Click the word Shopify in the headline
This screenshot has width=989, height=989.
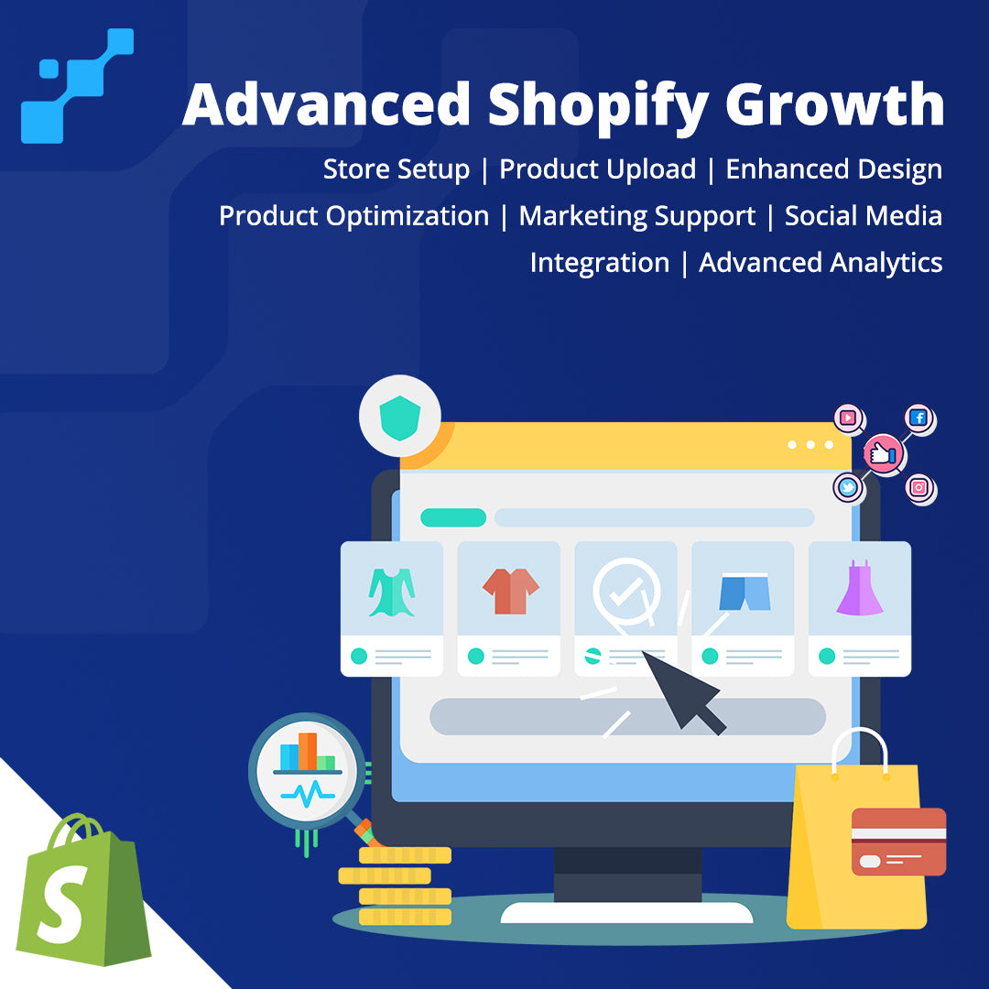(598, 105)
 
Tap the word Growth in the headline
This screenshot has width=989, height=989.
(834, 104)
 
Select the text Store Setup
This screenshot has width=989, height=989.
(397, 169)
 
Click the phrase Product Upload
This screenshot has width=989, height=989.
(597, 169)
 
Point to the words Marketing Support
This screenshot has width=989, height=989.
(637, 216)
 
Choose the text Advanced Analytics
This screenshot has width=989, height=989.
(821, 263)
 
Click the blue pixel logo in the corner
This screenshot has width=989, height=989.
(77, 86)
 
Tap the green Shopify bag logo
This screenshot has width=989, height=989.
(82, 889)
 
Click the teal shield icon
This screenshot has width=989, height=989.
(400, 418)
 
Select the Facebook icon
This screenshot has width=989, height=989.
(919, 418)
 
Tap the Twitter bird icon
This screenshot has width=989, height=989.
(848, 487)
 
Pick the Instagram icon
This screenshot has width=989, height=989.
(919, 487)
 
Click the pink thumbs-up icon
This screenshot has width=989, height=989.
(883, 453)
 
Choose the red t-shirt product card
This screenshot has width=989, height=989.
(509, 609)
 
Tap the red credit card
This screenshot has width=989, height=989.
(899, 842)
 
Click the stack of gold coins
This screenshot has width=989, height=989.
(397, 886)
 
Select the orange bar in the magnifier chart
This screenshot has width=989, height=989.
(308, 751)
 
